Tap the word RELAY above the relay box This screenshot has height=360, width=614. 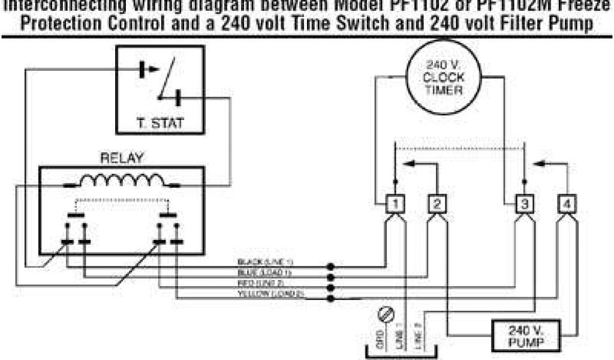pos(122,159)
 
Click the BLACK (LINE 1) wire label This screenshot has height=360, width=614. pos(265,262)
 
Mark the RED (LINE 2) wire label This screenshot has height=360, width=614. pos(264,283)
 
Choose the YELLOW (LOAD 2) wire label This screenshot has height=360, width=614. pos(272,293)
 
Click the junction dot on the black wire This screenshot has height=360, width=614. pos(330,266)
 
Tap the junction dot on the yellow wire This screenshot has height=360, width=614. pos(330,297)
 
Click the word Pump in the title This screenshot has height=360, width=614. pos(574,24)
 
